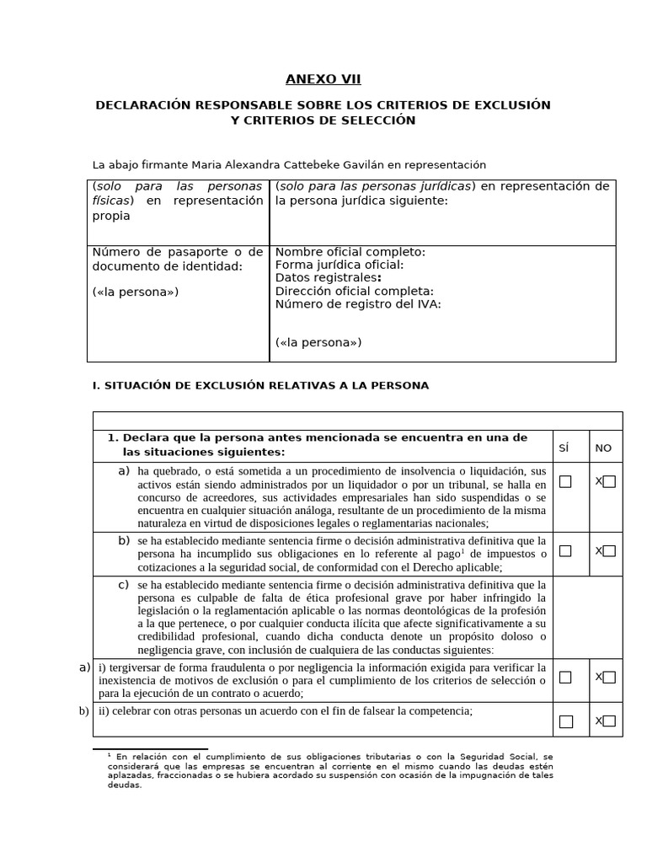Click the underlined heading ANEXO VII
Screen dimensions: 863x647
[x=323, y=80]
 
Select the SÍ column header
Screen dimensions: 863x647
[x=564, y=448]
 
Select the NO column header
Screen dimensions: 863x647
[x=603, y=448]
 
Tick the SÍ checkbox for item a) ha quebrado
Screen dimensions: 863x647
[x=565, y=481]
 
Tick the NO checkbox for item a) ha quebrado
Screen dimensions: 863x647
[x=609, y=481]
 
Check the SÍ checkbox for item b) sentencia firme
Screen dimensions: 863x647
[x=565, y=551]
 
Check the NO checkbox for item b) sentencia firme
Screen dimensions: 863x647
[x=609, y=551]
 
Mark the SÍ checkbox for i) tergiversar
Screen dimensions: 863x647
[x=565, y=677]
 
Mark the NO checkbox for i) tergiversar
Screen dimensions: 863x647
[x=609, y=677]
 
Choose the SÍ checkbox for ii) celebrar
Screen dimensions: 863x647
[x=565, y=721]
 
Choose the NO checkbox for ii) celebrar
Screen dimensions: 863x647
[x=609, y=721]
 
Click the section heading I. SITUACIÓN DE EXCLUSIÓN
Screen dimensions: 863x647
[x=260, y=385]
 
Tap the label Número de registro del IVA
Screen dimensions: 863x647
[x=358, y=304]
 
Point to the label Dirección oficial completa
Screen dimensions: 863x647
[x=355, y=291]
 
